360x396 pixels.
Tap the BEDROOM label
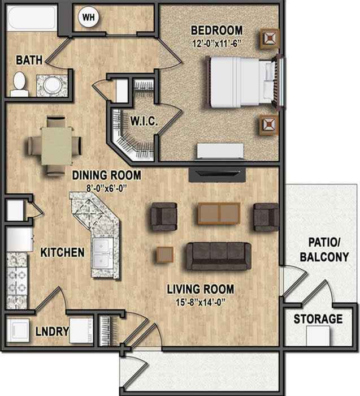(216, 30)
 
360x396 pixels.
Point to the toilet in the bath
(20, 84)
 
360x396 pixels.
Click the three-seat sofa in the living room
(219, 255)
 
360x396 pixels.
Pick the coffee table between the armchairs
(219, 213)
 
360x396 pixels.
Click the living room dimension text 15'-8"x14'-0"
(200, 302)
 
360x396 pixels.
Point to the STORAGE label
(318, 319)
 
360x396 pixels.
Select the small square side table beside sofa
(165, 255)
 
